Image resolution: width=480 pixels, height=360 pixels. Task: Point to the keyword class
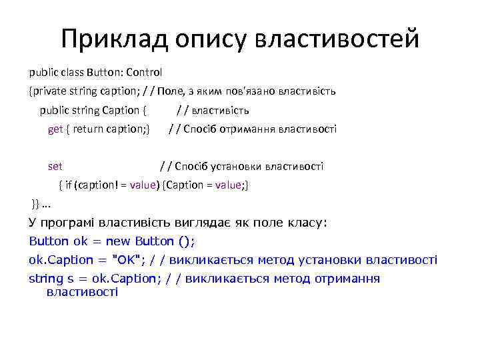pyautogui.click(x=69, y=72)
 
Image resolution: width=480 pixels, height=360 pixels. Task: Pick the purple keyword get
pyautogui.click(x=55, y=129)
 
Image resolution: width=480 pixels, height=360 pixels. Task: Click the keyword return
pyautogui.click(x=88, y=129)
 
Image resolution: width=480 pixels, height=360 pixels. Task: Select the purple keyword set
pyautogui.click(x=55, y=166)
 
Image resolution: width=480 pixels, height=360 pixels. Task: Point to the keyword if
pyautogui.click(x=69, y=185)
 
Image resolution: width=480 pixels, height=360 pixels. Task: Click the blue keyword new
pyautogui.click(x=119, y=241)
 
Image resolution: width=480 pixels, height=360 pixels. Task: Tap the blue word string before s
pyautogui.click(x=45, y=279)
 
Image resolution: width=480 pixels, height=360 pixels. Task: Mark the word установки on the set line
pyautogui.click(x=237, y=166)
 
